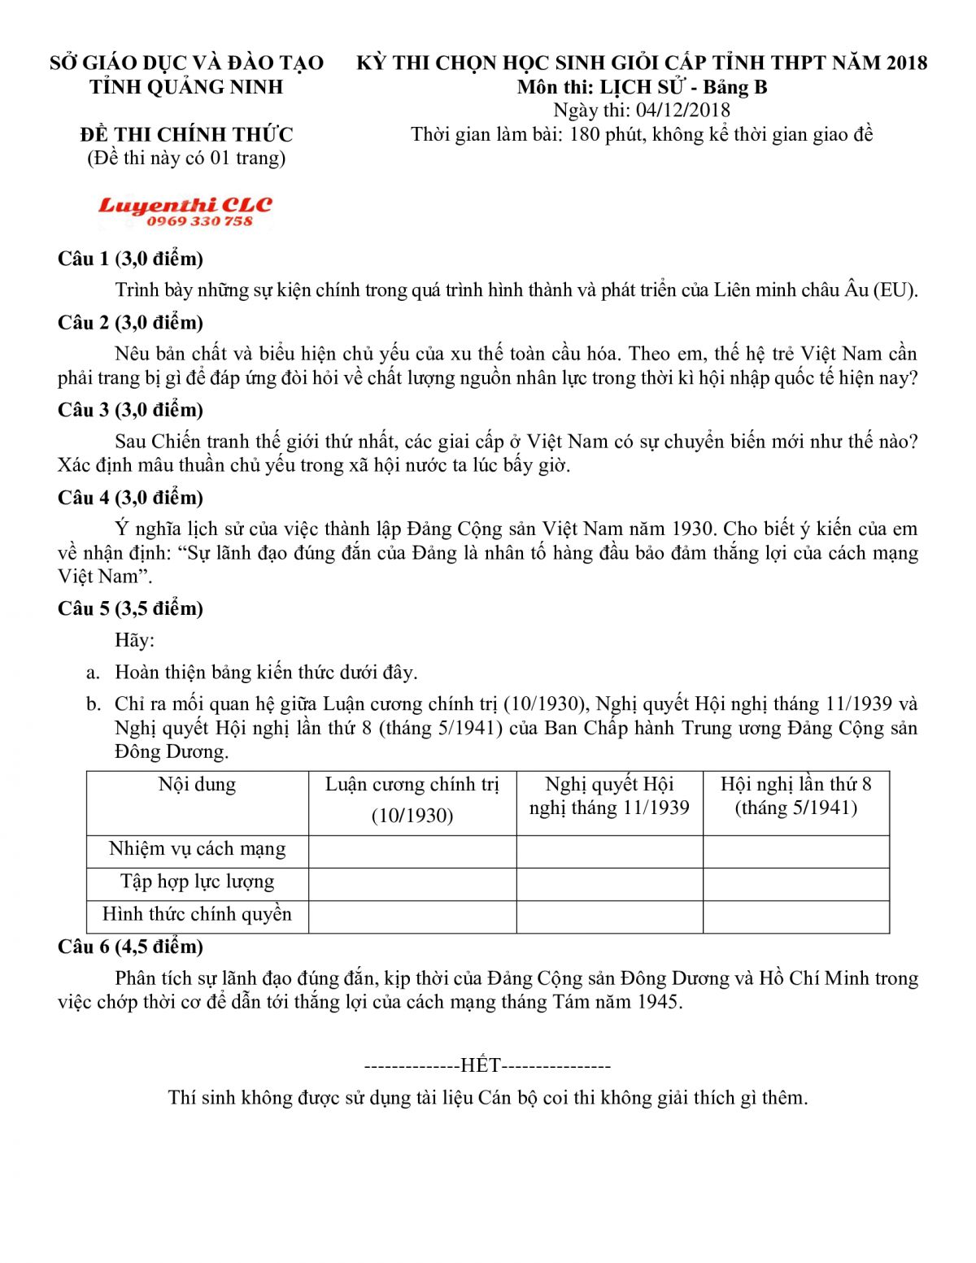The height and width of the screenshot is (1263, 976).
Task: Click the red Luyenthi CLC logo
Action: click(185, 205)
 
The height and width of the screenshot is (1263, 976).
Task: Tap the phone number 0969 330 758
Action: click(199, 221)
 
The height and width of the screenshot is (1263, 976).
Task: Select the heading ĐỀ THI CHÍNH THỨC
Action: click(186, 134)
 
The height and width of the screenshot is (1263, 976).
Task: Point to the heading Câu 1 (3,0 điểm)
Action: click(130, 259)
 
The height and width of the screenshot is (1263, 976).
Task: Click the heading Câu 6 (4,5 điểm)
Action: click(130, 947)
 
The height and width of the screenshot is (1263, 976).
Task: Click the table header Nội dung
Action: click(197, 785)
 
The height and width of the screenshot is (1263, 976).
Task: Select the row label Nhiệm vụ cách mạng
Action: click(197, 850)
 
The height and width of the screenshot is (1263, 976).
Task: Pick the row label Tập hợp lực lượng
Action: click(197, 882)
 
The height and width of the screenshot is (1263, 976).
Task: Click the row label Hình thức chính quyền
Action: click(197, 915)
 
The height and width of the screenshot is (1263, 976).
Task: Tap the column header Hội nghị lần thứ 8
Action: click(795, 785)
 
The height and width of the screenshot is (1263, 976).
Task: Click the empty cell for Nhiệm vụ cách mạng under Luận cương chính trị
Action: click(412, 851)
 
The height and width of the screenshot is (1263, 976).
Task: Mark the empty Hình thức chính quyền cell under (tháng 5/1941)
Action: click(795, 917)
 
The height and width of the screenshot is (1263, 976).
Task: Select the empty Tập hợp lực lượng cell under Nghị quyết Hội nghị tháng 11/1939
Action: click(609, 884)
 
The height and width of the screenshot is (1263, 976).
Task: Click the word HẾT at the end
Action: click(480, 1065)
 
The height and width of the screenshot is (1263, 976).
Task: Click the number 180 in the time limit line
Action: click(585, 135)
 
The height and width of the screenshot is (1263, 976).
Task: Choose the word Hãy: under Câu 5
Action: click(134, 641)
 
